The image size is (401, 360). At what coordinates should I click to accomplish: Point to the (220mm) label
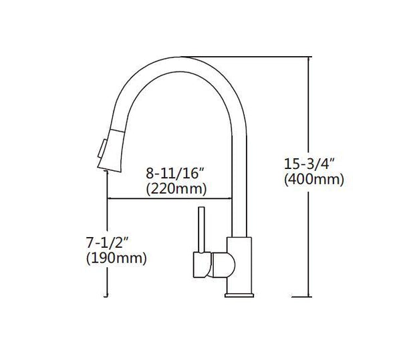tap(176, 189)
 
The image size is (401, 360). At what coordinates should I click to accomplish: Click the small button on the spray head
tap(101, 146)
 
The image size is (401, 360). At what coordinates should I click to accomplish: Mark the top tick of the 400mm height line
tap(308, 57)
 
